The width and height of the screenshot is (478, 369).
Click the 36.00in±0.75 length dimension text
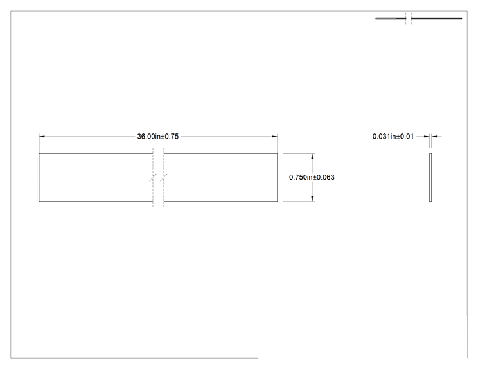tap(158, 137)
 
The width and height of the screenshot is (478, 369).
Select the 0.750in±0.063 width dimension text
tap(312, 177)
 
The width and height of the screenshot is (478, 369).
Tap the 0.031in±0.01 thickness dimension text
tap(393, 137)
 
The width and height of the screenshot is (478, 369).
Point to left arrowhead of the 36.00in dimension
tap(42, 137)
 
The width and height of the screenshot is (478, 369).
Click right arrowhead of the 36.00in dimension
tap(275, 137)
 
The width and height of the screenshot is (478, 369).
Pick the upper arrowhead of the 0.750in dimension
tap(312, 157)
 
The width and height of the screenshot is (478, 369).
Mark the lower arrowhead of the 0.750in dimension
tap(312, 198)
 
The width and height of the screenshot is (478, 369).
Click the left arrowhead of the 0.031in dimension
tap(427, 137)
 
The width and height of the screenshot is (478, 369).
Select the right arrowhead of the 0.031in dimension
tap(434, 137)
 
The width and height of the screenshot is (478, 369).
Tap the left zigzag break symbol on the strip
tap(153, 178)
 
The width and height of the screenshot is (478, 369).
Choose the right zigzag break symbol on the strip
tap(164, 178)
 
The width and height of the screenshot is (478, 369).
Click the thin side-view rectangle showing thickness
tap(430, 177)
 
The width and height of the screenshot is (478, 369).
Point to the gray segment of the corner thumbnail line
tap(385, 19)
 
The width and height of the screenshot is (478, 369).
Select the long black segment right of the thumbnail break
tap(436, 19)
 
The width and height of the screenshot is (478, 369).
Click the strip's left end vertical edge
tap(39, 177)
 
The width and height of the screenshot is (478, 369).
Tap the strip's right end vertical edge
tap(278, 177)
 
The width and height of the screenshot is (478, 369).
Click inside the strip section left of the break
tap(96, 177)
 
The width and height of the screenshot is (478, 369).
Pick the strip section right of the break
tap(220, 177)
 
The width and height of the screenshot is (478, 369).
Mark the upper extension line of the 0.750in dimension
tap(299, 153)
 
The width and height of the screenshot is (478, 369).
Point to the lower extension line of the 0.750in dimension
tap(299, 201)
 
